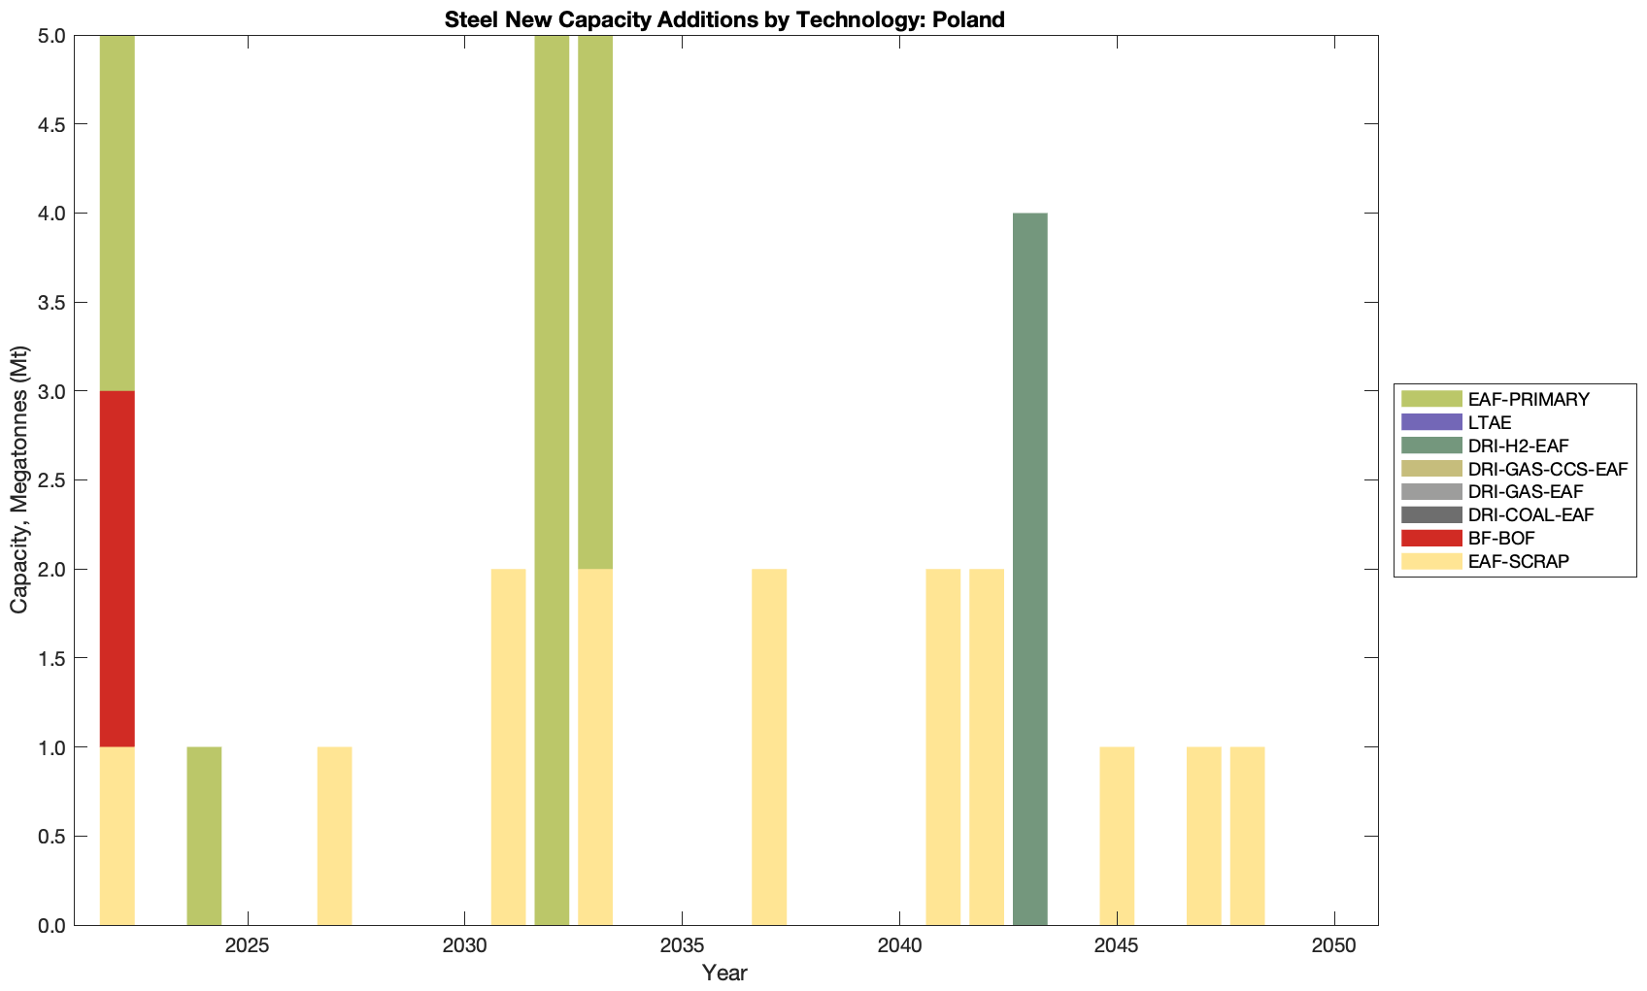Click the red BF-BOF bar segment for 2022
pyautogui.click(x=117, y=569)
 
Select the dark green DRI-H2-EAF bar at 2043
pyautogui.click(x=1029, y=569)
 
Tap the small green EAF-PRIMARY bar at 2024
pyautogui.click(x=204, y=836)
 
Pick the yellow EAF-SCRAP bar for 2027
pyautogui.click(x=334, y=836)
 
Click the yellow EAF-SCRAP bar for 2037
pyautogui.click(x=769, y=746)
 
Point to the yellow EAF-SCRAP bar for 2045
pyautogui.click(x=1117, y=836)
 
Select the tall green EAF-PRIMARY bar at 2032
pyautogui.click(x=552, y=479)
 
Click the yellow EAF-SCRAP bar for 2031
pyautogui.click(x=508, y=746)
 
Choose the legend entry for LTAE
pyautogui.click(x=1490, y=422)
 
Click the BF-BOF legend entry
pyautogui.click(x=1501, y=538)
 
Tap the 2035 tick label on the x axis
pyautogui.click(x=682, y=945)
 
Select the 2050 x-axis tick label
pyautogui.click(x=1334, y=945)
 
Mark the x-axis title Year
pyautogui.click(x=724, y=973)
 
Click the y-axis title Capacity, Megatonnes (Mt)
pyautogui.click(x=18, y=479)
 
